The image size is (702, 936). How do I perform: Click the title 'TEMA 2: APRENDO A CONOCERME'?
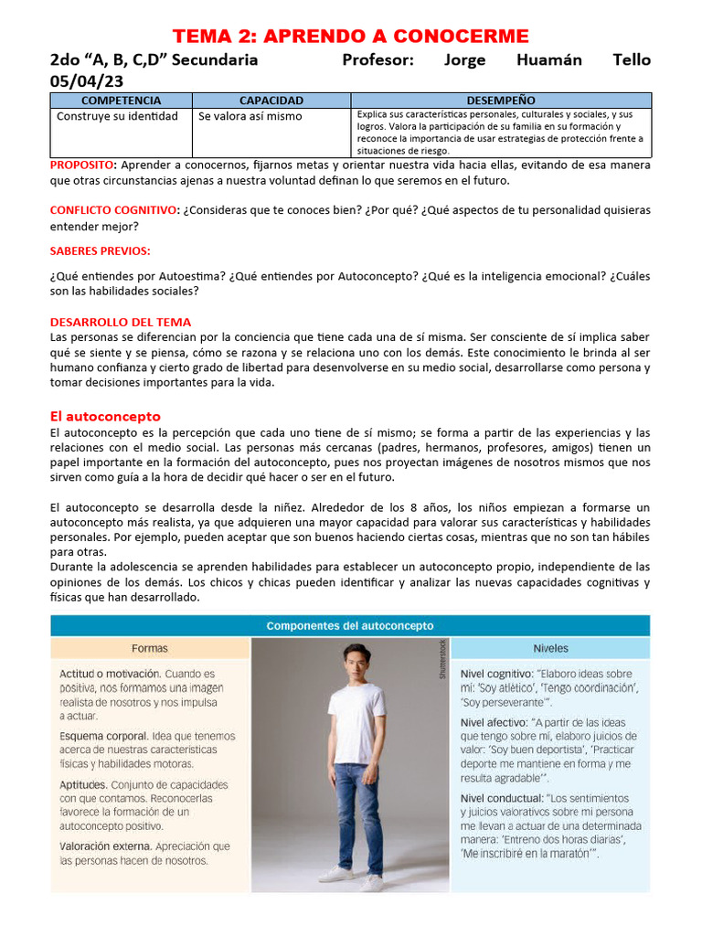351,36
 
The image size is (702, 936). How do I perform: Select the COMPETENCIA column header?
121,101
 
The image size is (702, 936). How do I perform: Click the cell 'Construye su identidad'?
117,116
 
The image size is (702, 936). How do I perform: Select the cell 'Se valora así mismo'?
250,116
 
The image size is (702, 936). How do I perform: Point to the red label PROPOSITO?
82,165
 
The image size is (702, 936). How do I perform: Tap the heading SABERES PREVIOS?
101,250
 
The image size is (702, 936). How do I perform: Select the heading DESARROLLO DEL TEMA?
121,322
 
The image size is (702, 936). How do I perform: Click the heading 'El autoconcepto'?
105,416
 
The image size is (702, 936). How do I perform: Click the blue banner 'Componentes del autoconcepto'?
350,626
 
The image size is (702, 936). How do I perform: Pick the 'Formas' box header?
150,648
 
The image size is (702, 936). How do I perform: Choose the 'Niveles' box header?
550,648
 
